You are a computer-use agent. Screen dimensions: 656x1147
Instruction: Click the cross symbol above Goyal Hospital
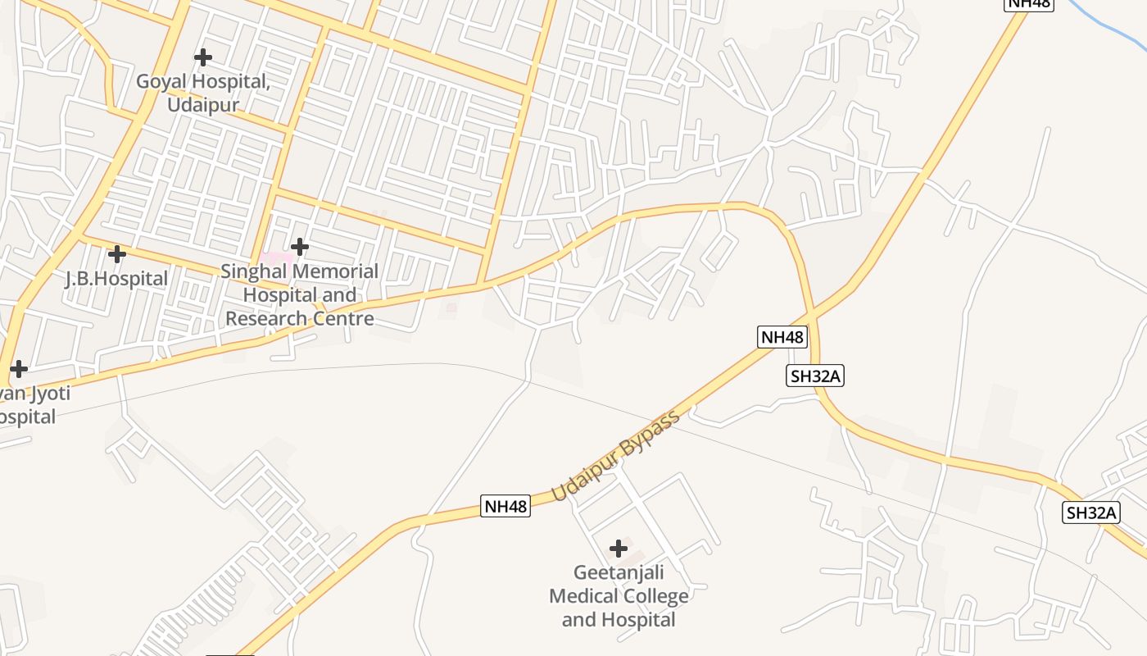(x=202, y=57)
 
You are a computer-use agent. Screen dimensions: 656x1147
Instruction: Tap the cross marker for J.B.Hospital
(x=117, y=254)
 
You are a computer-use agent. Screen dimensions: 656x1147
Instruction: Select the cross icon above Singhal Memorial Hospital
(x=300, y=246)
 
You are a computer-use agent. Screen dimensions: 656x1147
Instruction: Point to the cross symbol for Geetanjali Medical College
(x=619, y=548)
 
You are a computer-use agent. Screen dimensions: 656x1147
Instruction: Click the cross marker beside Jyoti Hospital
(x=18, y=369)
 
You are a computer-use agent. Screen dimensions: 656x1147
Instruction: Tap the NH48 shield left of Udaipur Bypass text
(x=505, y=506)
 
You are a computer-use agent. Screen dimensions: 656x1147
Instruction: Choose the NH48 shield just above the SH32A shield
(x=782, y=337)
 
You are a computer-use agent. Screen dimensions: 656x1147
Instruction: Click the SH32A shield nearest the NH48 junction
(x=815, y=376)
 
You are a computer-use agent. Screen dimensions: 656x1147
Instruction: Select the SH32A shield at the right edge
(x=1091, y=513)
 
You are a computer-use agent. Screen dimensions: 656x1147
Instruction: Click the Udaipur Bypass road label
(x=615, y=457)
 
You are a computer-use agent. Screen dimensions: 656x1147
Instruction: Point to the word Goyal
(x=161, y=82)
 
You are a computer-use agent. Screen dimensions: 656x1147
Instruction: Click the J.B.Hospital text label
(x=116, y=279)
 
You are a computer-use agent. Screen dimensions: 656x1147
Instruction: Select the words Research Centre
(x=300, y=319)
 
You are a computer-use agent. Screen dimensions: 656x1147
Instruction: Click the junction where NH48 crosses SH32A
(x=811, y=315)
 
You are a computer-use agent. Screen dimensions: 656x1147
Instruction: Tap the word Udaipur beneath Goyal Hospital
(x=203, y=105)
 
